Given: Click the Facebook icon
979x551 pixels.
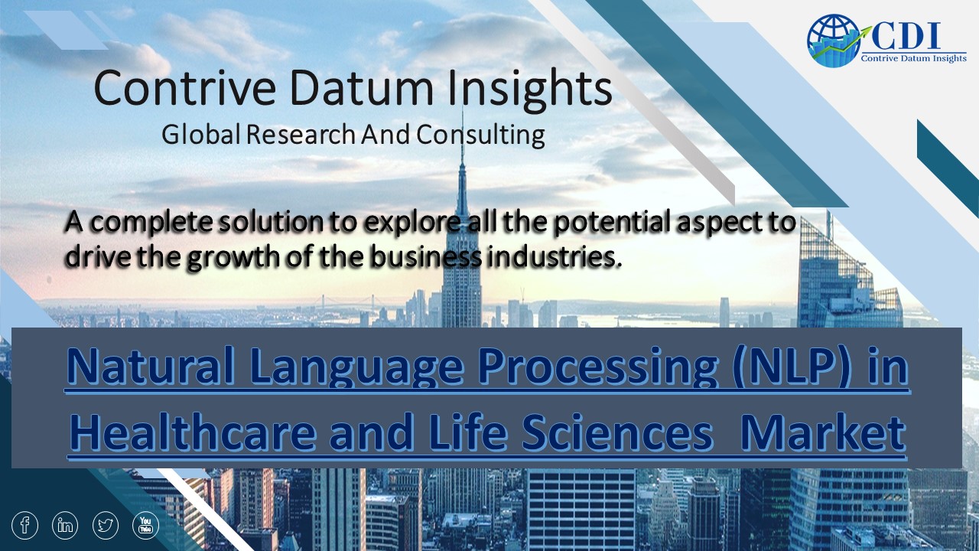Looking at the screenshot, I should point(25,525).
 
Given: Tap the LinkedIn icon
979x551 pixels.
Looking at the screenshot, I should point(66,525).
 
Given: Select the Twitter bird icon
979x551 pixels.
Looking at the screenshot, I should point(106,525).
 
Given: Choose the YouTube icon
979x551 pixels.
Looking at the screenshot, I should point(146,525).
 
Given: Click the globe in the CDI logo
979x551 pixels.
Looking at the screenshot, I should point(832,40).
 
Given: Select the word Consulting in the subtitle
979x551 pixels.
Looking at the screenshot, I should point(480,135).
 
